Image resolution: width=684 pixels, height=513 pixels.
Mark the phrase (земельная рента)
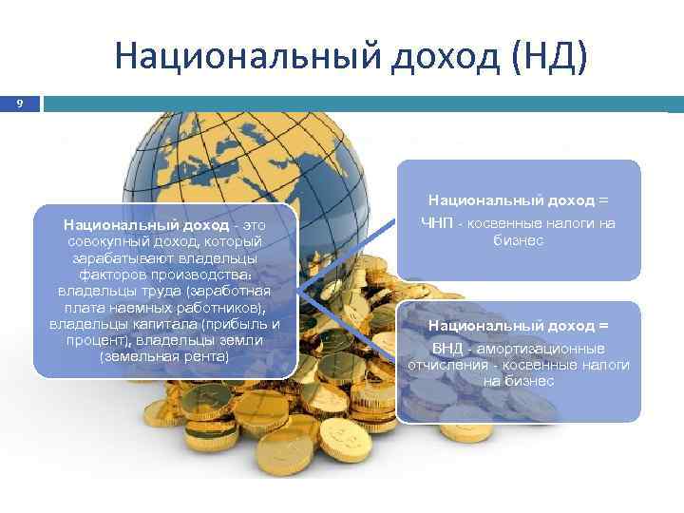[x=164, y=357]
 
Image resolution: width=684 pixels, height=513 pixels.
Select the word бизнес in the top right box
[x=518, y=240]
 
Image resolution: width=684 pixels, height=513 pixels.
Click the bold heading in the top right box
[x=517, y=200]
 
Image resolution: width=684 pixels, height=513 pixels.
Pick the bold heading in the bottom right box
[x=517, y=326]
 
